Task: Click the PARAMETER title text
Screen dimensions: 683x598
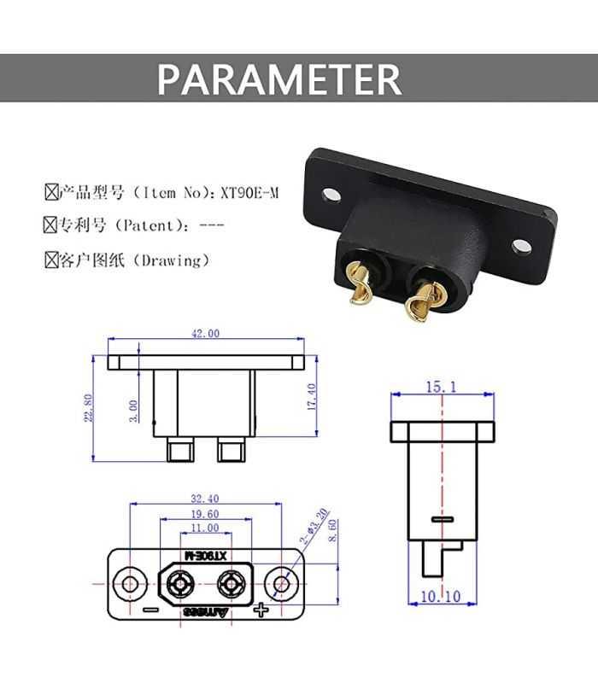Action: [279, 79]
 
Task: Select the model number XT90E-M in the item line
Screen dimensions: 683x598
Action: [249, 193]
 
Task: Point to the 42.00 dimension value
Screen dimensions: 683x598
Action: [205, 334]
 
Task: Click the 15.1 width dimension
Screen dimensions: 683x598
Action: [441, 388]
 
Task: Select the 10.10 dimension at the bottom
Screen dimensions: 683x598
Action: [441, 597]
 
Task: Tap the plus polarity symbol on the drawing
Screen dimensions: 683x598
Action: [261, 610]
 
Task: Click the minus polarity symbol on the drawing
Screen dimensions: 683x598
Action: [150, 610]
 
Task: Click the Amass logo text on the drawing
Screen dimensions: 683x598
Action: [206, 612]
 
